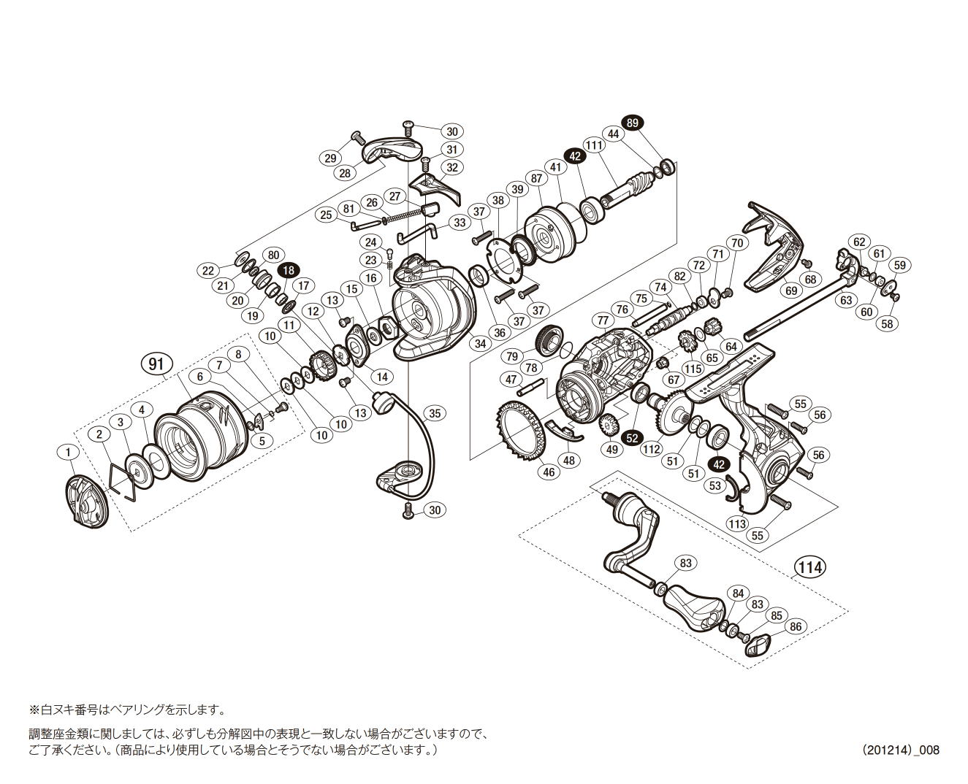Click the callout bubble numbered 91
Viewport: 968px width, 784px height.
(156, 364)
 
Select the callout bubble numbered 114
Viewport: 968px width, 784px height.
(810, 567)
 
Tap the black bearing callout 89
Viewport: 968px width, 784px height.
(632, 123)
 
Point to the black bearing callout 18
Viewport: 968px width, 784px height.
(289, 270)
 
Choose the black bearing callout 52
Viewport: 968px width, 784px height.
(633, 438)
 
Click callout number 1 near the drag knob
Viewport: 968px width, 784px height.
(68, 453)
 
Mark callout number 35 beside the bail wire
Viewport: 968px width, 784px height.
(435, 413)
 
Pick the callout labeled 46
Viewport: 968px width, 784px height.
(549, 472)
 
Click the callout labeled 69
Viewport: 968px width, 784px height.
(791, 291)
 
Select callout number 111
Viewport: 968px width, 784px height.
(595, 145)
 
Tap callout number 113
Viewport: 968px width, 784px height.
(737, 523)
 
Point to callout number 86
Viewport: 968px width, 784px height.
(795, 626)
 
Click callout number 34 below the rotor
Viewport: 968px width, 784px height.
(479, 343)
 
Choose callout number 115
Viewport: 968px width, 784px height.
(693, 369)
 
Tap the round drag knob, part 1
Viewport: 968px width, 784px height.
(86, 500)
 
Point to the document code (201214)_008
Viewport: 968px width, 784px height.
(900, 750)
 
